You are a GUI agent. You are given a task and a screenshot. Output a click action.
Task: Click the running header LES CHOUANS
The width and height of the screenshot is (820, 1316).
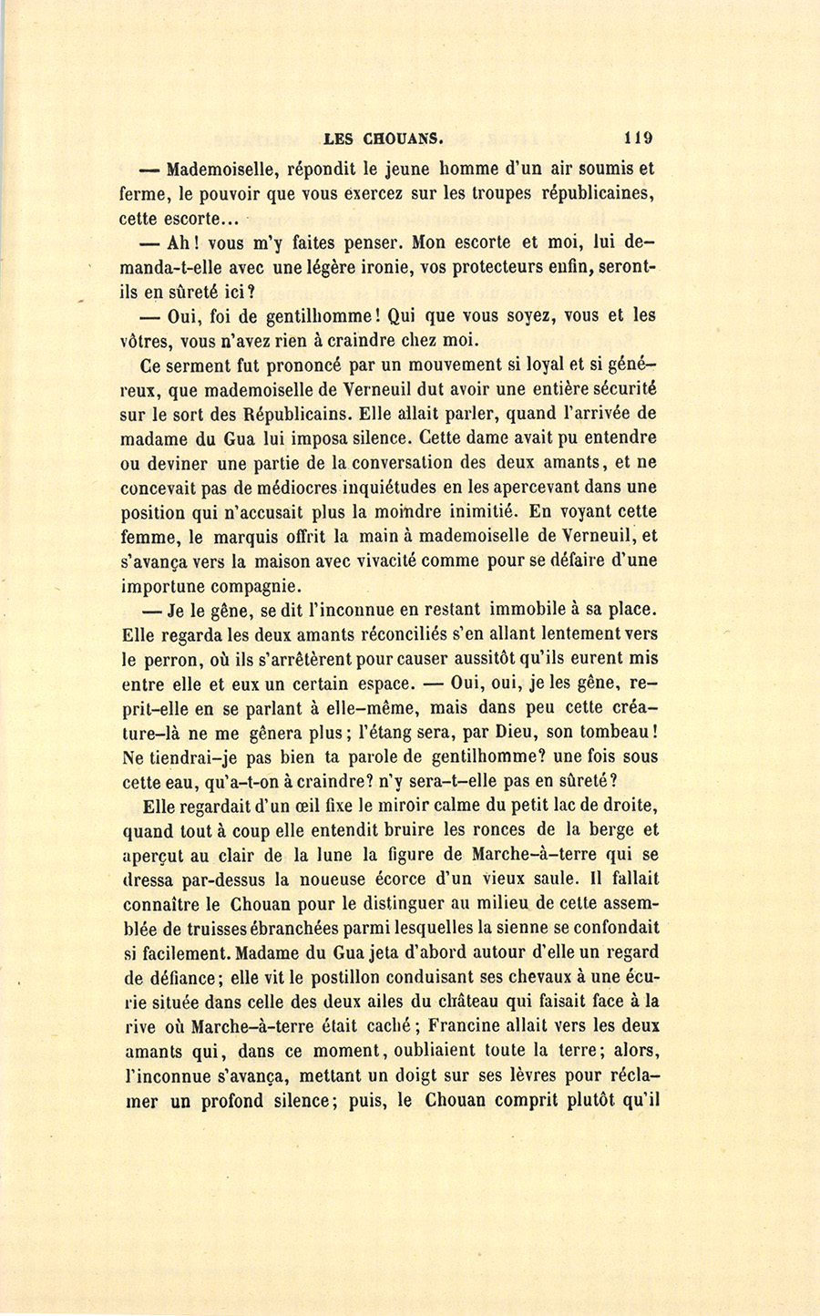[x=384, y=139]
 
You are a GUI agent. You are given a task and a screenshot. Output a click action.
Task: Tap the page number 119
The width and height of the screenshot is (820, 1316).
[x=638, y=139]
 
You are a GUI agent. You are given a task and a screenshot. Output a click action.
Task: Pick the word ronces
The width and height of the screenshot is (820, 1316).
[x=498, y=830]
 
